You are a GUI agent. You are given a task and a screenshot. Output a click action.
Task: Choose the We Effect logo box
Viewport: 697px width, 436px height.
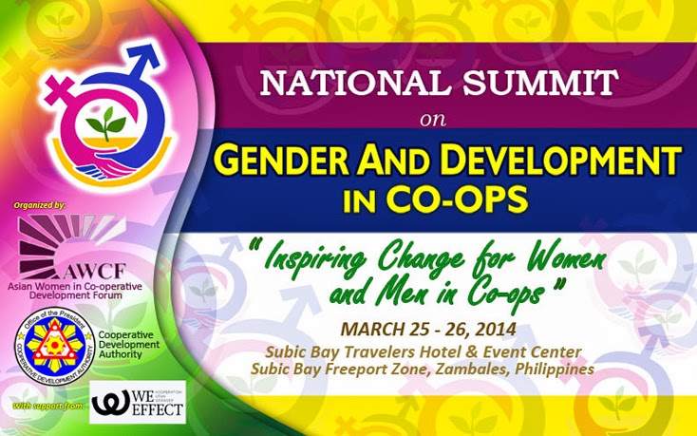click(138, 402)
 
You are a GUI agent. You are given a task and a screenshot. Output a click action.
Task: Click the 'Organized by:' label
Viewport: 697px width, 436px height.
click(40, 204)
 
